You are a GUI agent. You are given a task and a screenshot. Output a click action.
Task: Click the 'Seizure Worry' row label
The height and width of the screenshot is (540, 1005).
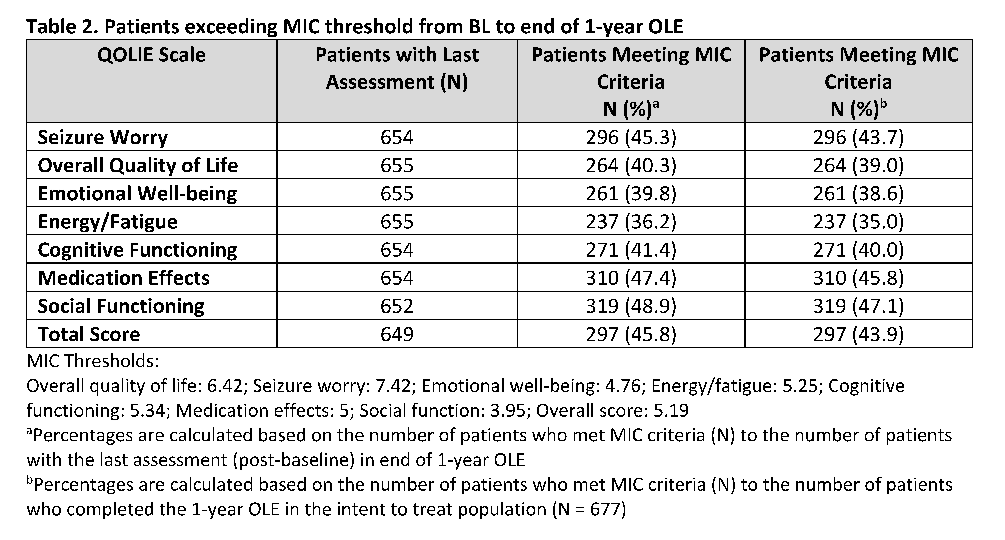coord(103,137)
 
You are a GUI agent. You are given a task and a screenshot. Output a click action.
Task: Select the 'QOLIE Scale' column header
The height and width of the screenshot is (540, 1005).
coord(151,55)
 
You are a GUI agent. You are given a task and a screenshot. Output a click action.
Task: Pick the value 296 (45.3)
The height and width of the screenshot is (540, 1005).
coord(631,137)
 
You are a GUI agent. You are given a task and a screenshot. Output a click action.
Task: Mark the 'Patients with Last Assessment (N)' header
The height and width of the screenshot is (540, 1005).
coord(397,68)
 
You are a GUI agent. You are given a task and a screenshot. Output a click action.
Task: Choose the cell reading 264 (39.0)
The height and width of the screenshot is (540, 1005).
coord(858,165)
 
